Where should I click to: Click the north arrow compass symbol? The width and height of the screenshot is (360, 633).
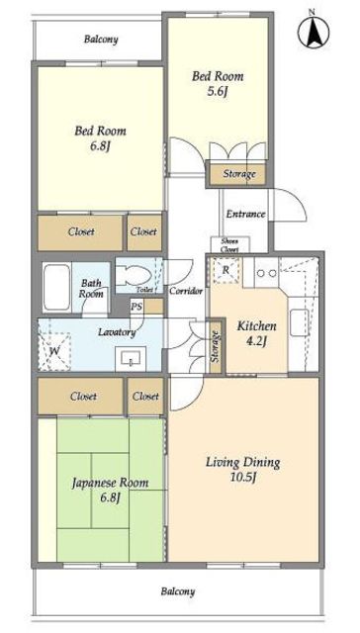pos(314,31)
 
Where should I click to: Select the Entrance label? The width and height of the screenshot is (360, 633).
pos(245,214)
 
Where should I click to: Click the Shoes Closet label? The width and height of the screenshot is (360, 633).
pos(229,245)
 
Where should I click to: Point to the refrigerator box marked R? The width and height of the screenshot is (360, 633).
pos(225,270)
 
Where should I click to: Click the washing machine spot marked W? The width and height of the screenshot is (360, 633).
pos(54,352)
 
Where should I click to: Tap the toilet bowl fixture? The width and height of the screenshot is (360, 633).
pos(134,276)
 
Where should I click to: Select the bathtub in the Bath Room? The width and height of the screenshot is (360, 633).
pos(57,288)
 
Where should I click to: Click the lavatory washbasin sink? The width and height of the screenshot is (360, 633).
pos(131,358)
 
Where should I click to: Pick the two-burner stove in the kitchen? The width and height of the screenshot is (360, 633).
pos(267,273)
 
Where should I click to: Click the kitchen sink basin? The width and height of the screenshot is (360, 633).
pos(299,323)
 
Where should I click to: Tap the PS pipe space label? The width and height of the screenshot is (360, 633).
pos(136,307)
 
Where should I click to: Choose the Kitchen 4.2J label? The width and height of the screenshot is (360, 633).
pos(256,333)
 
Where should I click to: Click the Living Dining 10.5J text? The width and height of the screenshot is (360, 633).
pos(243,470)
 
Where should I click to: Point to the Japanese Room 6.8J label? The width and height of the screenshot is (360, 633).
pos(110,490)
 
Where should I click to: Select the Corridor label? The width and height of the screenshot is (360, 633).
pos(186,291)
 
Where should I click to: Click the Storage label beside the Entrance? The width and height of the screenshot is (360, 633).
pos(239,174)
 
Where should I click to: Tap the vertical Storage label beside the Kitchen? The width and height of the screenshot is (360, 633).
pos(216,346)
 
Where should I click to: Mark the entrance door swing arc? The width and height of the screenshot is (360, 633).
pos(298,210)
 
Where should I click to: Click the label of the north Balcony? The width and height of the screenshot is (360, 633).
pos(101,40)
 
